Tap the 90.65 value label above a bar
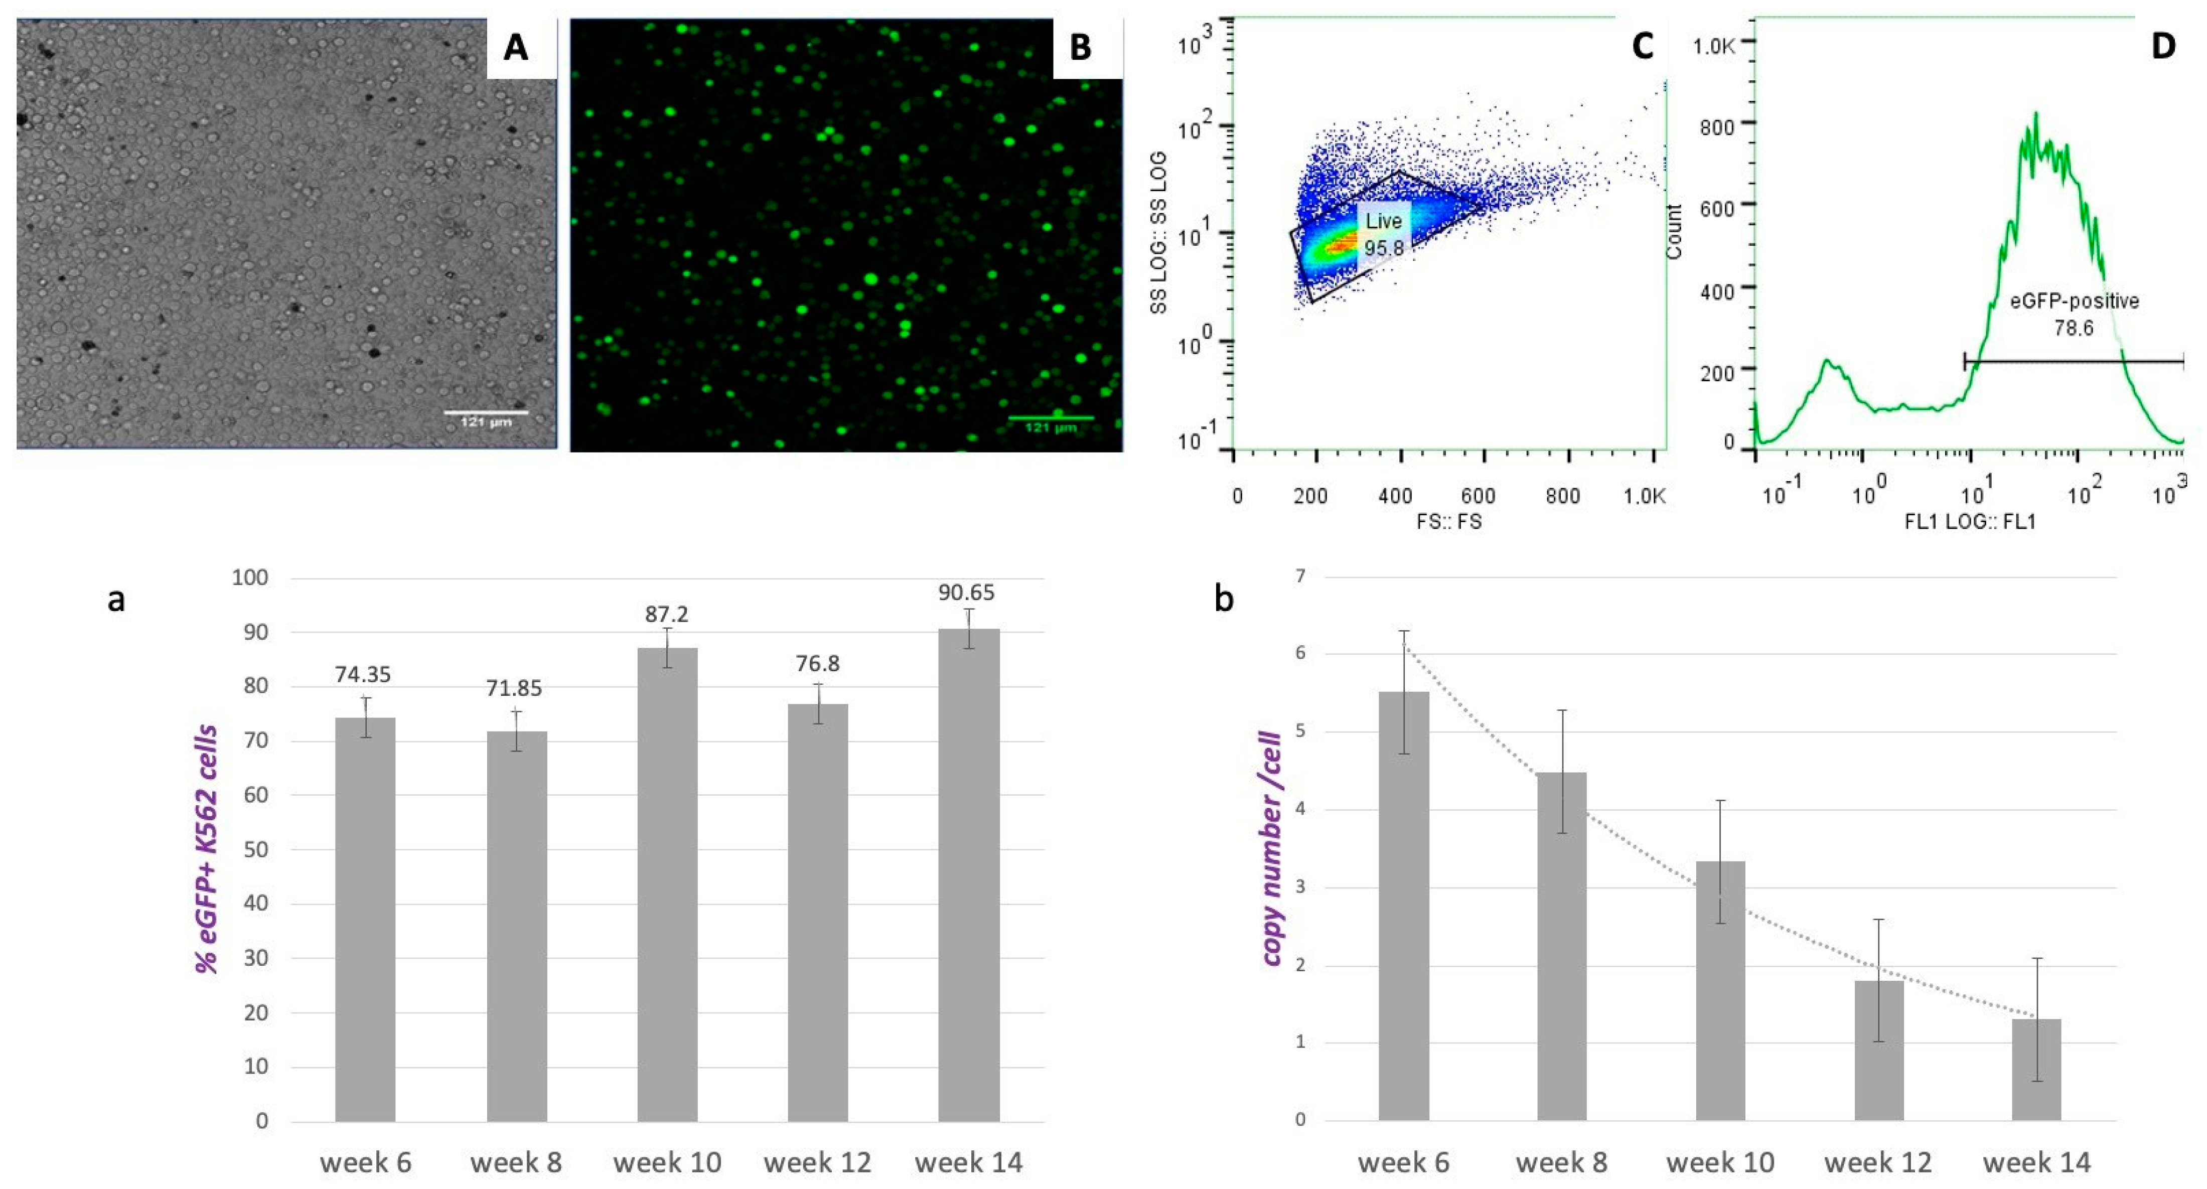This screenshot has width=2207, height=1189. (966, 593)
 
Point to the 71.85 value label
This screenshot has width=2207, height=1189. (514, 689)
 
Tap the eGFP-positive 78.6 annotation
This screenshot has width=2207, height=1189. (2074, 314)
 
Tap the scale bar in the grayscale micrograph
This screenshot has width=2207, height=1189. (486, 413)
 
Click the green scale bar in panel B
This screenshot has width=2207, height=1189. (1051, 418)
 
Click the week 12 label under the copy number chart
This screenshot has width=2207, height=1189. (1878, 1162)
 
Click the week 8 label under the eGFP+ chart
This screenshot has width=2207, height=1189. (516, 1162)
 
